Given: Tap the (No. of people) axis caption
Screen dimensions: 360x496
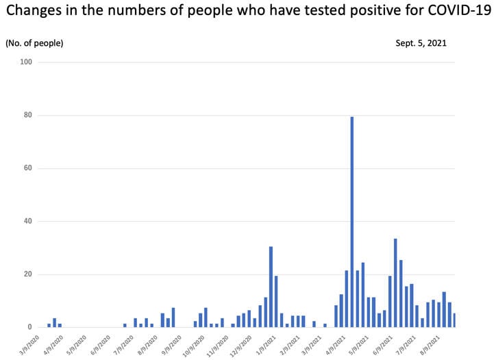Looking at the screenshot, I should pyautogui.click(x=34, y=43).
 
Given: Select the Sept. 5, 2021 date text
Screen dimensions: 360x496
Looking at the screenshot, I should pyautogui.click(x=421, y=43).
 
